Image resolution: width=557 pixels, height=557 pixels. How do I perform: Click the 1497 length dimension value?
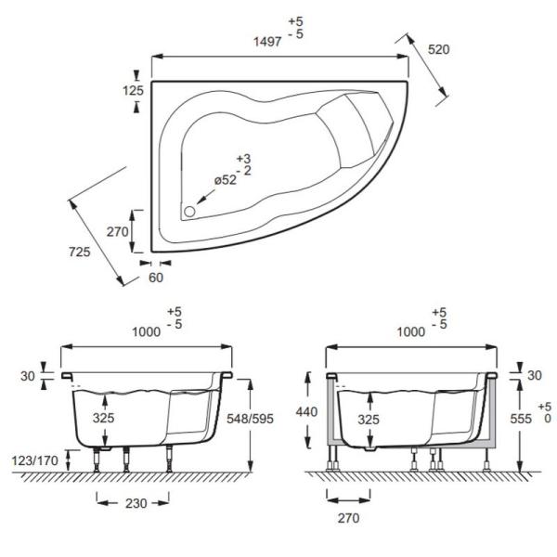(267, 42)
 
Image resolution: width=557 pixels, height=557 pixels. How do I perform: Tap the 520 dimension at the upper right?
(439, 50)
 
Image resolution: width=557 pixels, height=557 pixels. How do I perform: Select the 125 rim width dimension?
(133, 91)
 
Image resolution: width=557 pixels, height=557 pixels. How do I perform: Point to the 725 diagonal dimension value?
(80, 253)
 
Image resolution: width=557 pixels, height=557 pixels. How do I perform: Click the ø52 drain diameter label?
(226, 180)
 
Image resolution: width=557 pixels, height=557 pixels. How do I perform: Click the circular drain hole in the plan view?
(189, 212)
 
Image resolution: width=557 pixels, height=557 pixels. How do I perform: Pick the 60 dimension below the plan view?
(156, 278)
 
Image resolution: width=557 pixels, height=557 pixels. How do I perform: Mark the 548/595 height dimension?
(250, 419)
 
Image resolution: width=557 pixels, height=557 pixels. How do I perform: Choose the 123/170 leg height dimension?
(35, 460)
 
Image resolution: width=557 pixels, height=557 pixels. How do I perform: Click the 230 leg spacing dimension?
(136, 503)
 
